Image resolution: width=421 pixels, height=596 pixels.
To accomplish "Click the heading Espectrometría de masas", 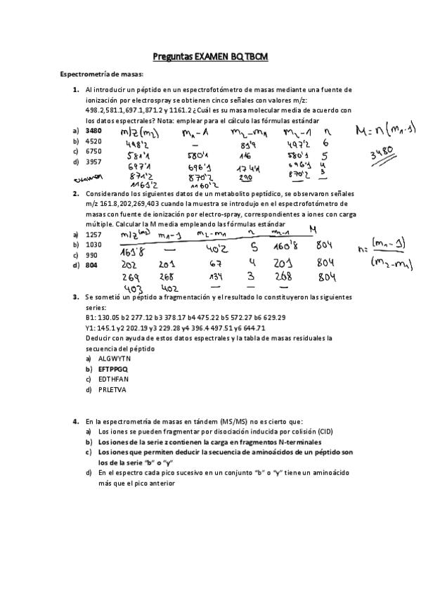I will pyautogui.click(x=102, y=74).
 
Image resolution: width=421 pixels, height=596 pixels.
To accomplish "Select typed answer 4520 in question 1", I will pyautogui.click(x=93, y=141).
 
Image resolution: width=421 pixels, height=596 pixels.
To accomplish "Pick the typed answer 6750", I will pyautogui.click(x=93, y=151).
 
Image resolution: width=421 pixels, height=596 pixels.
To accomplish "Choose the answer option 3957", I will pyautogui.click(x=93, y=162).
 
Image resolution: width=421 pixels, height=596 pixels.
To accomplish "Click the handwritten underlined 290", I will pyautogui.click(x=247, y=179).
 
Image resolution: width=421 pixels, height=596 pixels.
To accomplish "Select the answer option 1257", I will pyautogui.click(x=93, y=234).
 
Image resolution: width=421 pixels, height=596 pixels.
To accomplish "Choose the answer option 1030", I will pyautogui.click(x=93, y=245).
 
